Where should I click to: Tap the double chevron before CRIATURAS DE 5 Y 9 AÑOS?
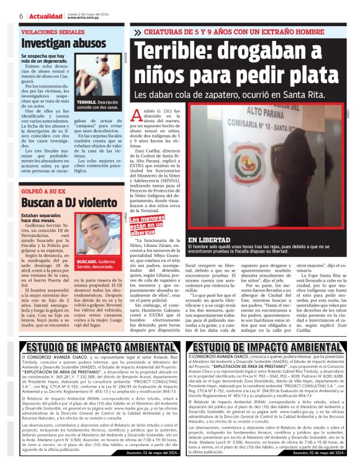(x=138, y=32)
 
